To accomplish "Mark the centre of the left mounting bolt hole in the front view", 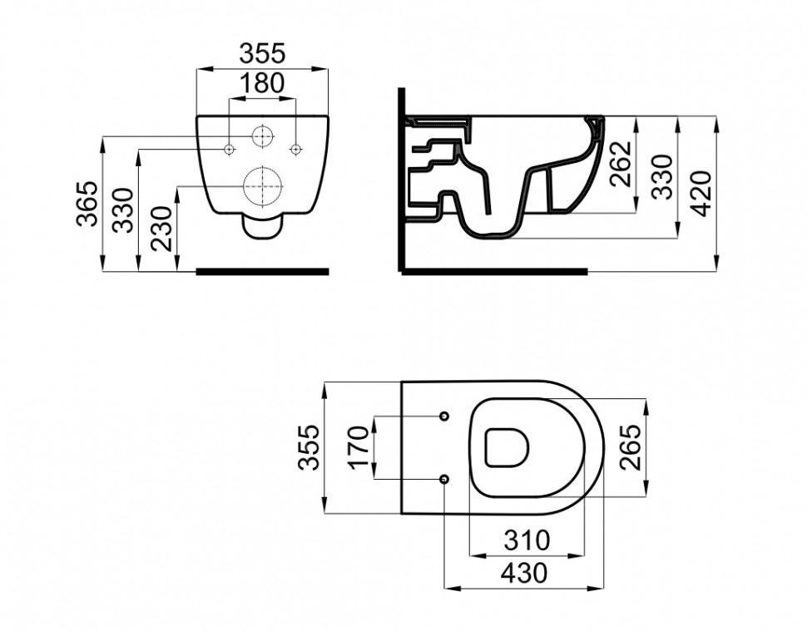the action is click(x=229, y=149).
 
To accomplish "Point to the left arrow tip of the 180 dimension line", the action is click(x=229, y=98).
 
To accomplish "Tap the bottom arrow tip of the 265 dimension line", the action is click(x=646, y=497).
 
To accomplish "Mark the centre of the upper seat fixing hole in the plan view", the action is click(x=444, y=416).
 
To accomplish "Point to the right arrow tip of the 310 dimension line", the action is click(x=585, y=555).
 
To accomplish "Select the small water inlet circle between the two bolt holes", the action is click(x=263, y=136).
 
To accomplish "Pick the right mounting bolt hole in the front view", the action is click(x=295, y=149).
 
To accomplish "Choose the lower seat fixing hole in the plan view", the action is click(x=444, y=480).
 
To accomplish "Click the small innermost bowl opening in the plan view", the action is click(x=506, y=447).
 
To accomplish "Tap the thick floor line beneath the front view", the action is click(x=262, y=272).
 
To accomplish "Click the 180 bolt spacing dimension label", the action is click(x=262, y=83).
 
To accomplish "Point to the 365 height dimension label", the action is click(x=87, y=204).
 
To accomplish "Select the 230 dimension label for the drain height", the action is click(x=161, y=229).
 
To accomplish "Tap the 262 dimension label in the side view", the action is click(x=620, y=163).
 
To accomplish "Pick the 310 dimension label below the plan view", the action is click(x=527, y=540).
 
